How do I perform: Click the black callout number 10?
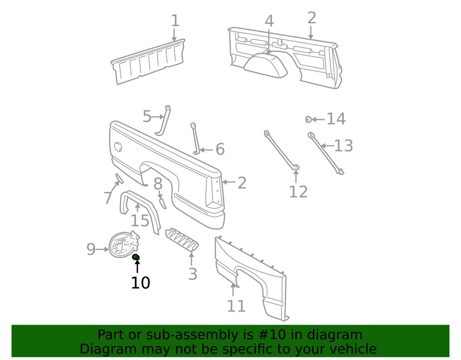coord(141,283)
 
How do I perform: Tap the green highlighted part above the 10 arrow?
coord(136,257)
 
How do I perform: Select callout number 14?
coord(336,119)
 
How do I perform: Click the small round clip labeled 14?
coord(308,119)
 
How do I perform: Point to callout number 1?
coord(175,21)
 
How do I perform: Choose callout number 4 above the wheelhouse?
coord(269,21)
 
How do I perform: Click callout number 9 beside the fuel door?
coord(91,249)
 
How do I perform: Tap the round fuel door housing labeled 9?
coord(124,244)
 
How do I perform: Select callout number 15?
coord(140,221)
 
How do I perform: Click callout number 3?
coord(192,274)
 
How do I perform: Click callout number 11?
coord(236,306)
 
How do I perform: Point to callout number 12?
coord(298,192)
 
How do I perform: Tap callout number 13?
coord(343,146)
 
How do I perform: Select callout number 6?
coord(220,149)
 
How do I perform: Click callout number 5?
coord(147,116)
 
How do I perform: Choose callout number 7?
coord(108,198)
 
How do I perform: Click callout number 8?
coord(158,184)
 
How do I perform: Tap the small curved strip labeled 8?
coord(163,204)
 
